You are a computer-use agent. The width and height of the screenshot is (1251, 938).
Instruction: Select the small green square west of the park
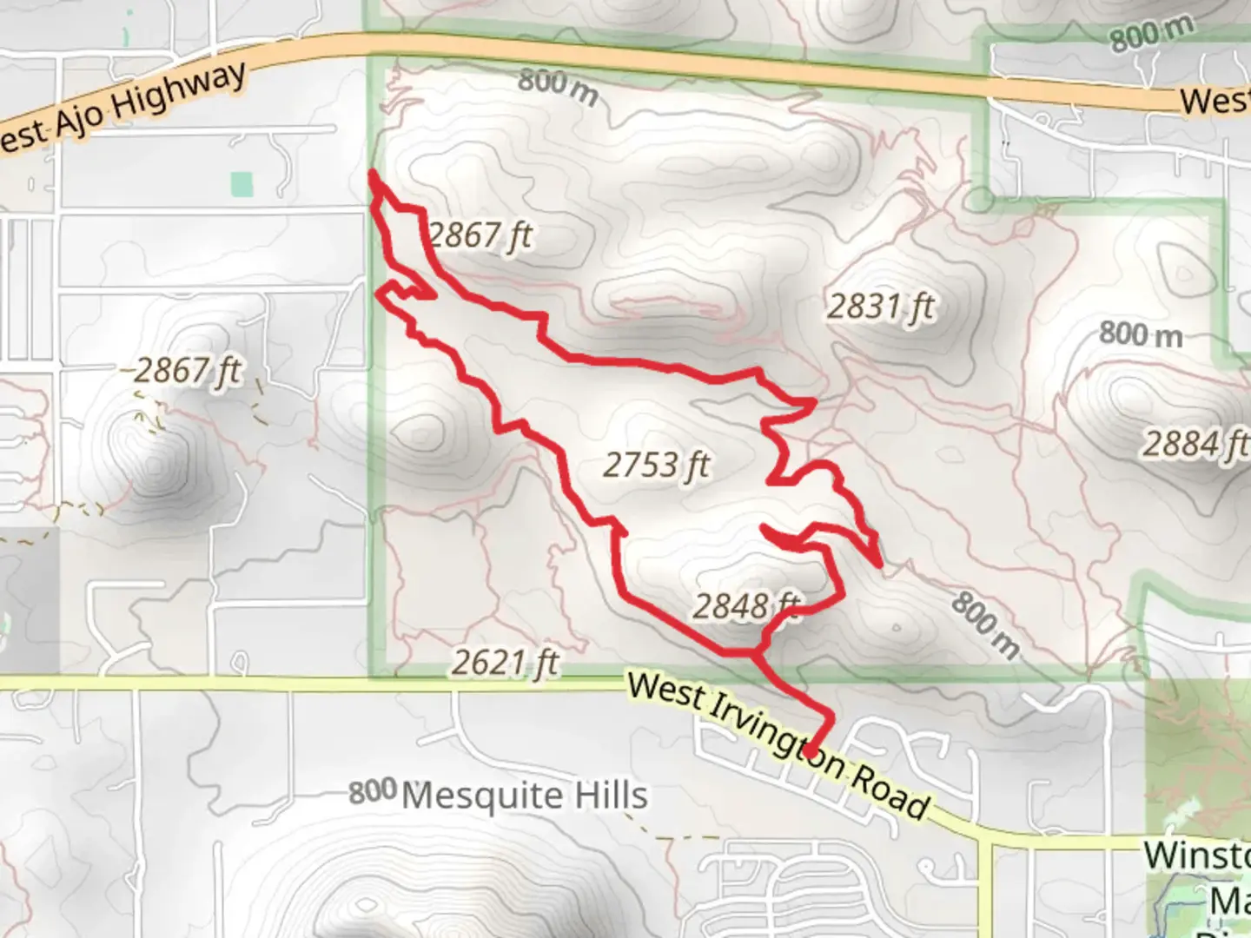pos(242,183)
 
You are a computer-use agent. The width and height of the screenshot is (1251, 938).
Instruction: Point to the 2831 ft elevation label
pos(880,307)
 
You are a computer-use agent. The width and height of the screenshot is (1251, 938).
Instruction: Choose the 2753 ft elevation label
pos(656,466)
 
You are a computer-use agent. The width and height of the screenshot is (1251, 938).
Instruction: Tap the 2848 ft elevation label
pos(745,605)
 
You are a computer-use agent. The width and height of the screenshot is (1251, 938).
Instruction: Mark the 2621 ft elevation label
pos(505,664)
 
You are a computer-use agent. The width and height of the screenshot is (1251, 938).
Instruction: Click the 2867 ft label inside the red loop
pos(480,234)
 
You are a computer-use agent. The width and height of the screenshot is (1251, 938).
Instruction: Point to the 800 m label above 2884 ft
pos(1141,334)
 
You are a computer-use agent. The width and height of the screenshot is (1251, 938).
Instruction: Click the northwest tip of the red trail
pos(372,174)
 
